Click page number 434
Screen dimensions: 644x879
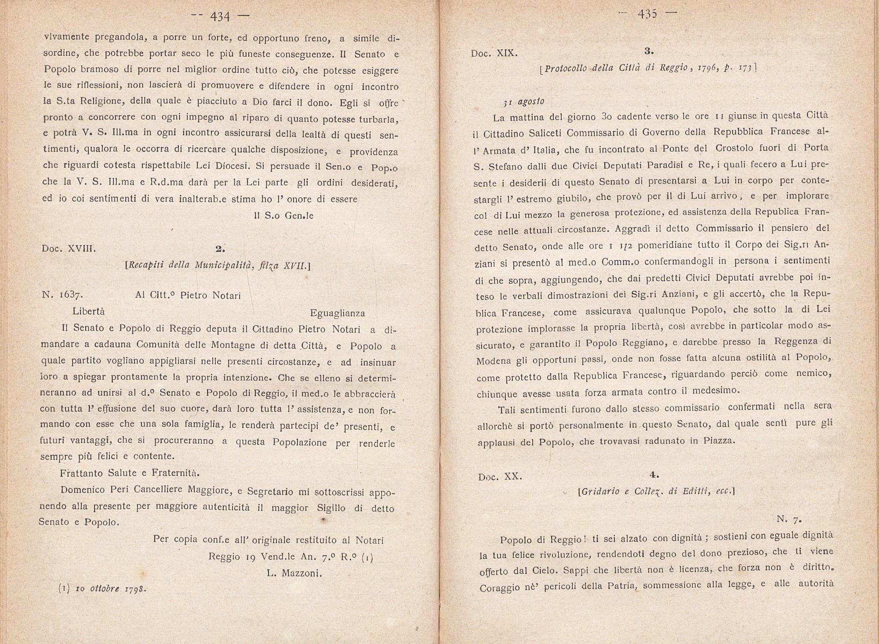tap(220, 17)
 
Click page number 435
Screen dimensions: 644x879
tap(647, 14)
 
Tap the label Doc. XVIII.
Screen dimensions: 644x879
tap(69, 249)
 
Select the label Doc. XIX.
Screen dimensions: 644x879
tap(494, 54)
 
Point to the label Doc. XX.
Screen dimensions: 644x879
tap(500, 476)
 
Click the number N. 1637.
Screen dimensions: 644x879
tap(61, 295)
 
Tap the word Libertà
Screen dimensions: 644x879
tap(88, 311)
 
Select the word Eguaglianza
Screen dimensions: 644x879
tap(337, 313)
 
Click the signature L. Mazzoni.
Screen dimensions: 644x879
tap(294, 573)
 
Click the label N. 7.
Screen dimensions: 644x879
tap(789, 519)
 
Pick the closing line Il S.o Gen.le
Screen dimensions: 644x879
tap(283, 216)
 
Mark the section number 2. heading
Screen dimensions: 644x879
tap(220, 249)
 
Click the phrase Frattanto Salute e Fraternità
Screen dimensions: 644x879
tap(130, 473)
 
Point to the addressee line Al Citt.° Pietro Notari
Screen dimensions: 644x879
tap(188, 296)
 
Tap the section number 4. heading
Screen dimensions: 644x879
tap(654, 475)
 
